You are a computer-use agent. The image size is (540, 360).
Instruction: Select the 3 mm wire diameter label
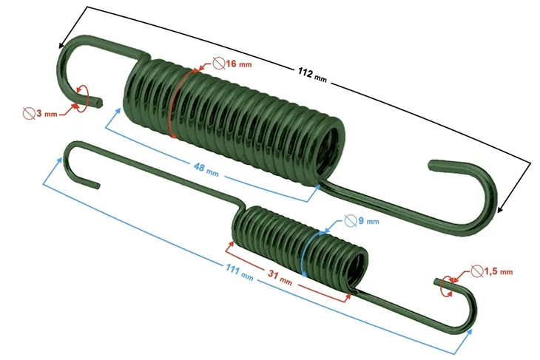44,114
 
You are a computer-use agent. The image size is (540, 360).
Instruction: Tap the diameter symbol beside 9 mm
351,220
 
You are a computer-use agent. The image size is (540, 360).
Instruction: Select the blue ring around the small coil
306,254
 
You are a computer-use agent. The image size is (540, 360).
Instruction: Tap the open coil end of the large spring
333,148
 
